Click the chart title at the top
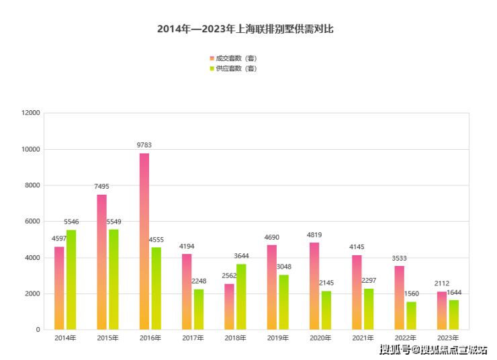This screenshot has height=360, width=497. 245,29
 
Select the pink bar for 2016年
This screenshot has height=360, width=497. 144,242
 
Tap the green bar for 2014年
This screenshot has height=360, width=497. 71,279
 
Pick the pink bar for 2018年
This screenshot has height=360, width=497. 229,306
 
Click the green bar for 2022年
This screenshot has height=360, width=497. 411,316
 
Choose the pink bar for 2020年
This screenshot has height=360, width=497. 314,285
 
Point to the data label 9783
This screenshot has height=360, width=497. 144,144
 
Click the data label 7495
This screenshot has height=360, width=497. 102,186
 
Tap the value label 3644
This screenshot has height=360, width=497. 241,255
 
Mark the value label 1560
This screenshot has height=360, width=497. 411,294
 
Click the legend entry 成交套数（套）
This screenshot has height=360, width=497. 235,58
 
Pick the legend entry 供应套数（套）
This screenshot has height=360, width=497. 235,69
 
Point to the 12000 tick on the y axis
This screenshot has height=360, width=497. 31,113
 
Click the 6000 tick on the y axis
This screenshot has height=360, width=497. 33,222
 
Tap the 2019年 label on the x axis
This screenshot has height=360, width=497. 277,338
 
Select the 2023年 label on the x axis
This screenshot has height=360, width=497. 447,338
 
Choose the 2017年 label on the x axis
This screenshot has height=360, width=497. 192,338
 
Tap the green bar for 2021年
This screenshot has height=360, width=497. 369,309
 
